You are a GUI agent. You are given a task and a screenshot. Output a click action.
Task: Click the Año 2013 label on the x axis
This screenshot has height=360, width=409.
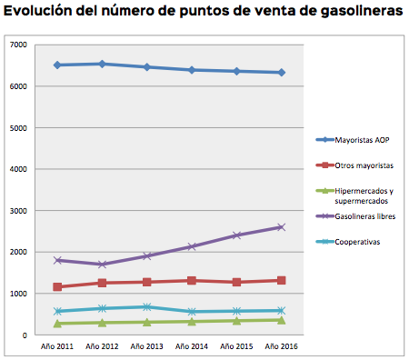tap(147, 345)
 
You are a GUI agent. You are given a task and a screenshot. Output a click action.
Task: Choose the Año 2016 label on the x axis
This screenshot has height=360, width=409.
tap(281, 345)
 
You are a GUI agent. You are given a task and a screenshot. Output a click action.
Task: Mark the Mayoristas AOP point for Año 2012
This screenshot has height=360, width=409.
tap(103, 64)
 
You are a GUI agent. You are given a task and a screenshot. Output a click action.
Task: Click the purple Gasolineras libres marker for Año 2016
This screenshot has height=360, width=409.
tap(281, 227)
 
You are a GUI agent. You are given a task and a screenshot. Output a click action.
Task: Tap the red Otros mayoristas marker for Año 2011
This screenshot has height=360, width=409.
tap(58, 287)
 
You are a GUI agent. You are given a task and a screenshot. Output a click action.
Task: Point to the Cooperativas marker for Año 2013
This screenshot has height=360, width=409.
tap(147, 307)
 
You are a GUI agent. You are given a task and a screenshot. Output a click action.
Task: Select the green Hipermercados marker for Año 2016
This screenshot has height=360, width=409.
tap(281, 320)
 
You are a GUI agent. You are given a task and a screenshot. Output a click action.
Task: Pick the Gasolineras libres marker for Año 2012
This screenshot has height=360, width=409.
tap(103, 265)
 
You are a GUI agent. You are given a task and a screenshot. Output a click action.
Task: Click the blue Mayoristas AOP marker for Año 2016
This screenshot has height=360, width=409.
tap(281, 73)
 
